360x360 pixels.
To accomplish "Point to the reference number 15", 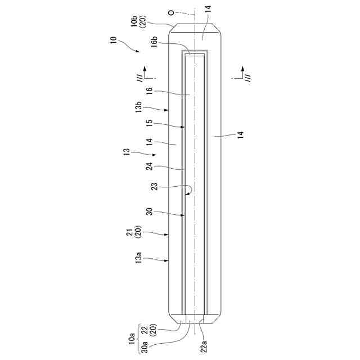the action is click(x=150, y=123).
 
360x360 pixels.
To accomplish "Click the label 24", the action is click(x=150, y=166).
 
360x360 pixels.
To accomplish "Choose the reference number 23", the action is click(x=155, y=186).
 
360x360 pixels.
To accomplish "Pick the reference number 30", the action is click(x=150, y=211).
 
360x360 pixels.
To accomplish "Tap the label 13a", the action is click(x=138, y=258).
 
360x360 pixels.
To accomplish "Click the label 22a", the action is click(x=204, y=346).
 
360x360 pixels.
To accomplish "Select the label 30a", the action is click(x=145, y=347).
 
